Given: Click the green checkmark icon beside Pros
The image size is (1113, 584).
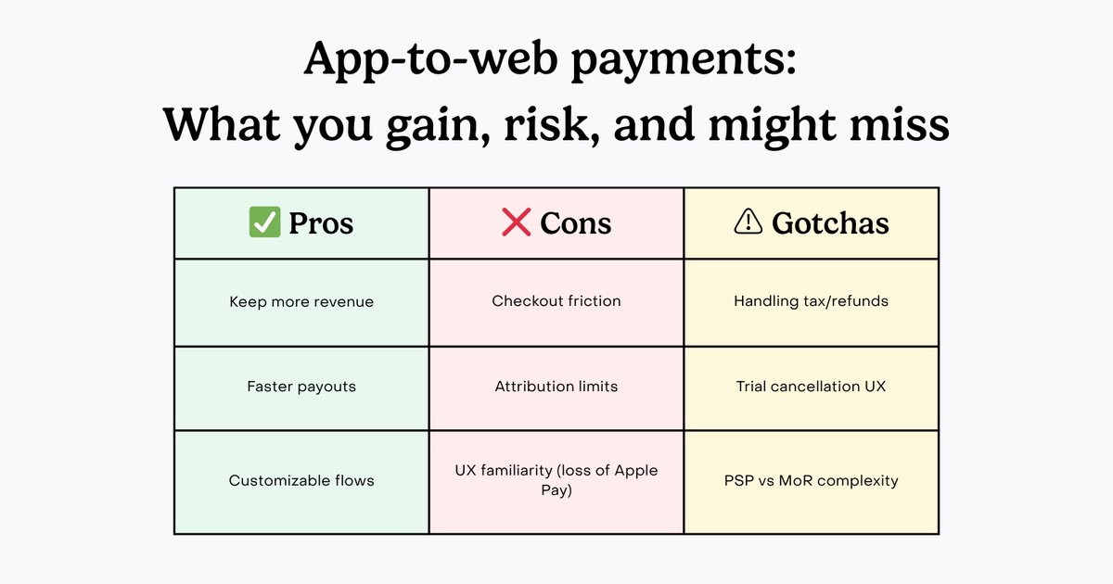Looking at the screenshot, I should click(264, 222).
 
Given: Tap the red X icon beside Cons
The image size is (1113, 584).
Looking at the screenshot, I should click(516, 222).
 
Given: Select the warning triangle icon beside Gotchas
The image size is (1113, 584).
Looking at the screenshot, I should click(748, 222).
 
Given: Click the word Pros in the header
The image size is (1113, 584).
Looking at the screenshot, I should click(321, 223).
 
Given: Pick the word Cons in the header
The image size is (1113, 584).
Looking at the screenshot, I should click(575, 223).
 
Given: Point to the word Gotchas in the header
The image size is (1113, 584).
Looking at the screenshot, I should click(830, 223).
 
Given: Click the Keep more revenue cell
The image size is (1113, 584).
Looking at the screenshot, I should click(301, 302).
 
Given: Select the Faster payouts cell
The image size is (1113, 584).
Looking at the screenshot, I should click(301, 387).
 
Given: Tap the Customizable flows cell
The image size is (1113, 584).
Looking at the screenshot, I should click(301, 481).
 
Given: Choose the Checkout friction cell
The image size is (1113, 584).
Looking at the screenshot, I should click(556, 301).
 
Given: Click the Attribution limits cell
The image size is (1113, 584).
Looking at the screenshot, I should click(556, 387).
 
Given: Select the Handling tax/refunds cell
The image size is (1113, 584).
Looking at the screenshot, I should click(812, 301).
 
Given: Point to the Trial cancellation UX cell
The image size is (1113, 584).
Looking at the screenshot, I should click(812, 387).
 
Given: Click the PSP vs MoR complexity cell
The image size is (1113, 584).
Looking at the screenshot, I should click(812, 481).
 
